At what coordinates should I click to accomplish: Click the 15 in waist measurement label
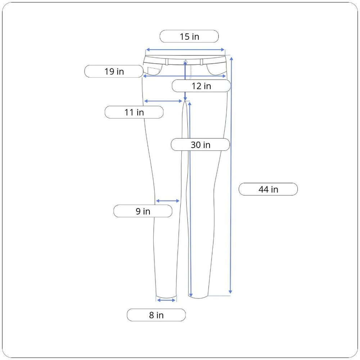tap(189, 36)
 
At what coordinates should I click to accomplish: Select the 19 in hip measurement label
tap(114, 71)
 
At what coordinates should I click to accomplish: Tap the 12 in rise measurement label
tap(201, 86)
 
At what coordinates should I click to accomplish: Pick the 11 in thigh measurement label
tap(134, 112)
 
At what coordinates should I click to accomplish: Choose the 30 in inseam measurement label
tap(201, 145)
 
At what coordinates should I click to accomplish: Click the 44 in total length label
tap(268, 189)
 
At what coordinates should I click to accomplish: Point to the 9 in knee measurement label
tap(143, 211)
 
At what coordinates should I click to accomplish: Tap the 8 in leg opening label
tap(156, 315)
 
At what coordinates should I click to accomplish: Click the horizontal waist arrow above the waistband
tap(185, 50)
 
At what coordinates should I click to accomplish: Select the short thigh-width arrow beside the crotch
tap(163, 101)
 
